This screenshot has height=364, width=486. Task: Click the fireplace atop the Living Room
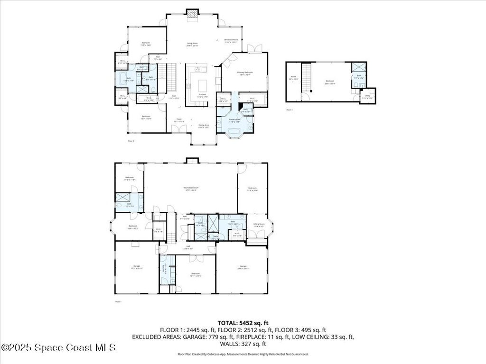192,15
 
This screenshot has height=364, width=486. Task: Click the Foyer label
179,120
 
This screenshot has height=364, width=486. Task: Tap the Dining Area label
204,126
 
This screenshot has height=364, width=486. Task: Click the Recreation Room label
191,189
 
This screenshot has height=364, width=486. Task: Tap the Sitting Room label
259,225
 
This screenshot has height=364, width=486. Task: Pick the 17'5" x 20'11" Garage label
136,267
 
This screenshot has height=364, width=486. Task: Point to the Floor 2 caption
131,141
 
